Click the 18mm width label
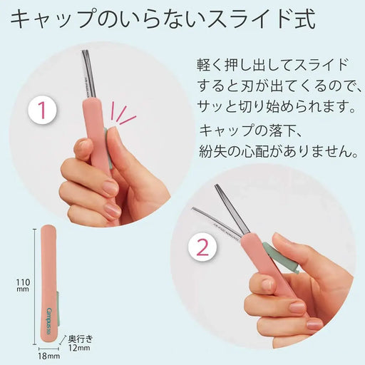tap(48, 354)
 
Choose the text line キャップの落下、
tap(250, 130)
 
